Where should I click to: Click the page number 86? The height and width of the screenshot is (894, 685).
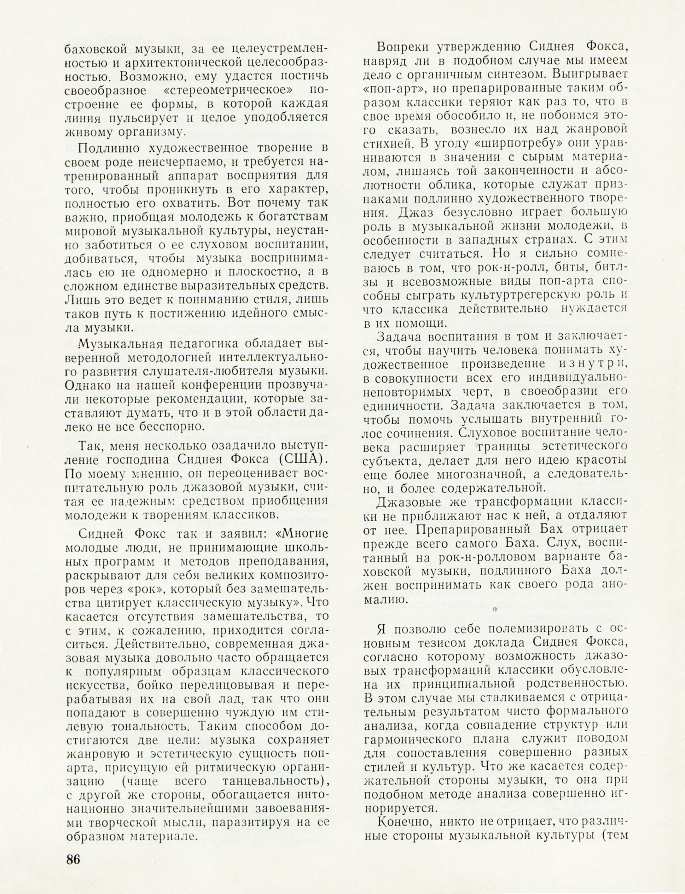click(74, 856)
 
